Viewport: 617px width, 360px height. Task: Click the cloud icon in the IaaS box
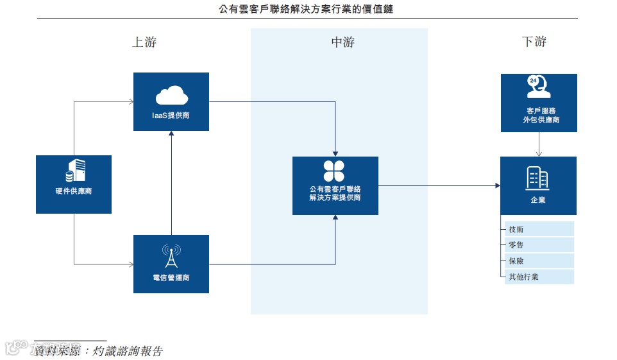pyautogui.click(x=171, y=96)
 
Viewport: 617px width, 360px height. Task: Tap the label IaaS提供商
pyautogui.click(x=171, y=116)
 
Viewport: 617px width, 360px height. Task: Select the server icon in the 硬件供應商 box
pyautogui.click(x=74, y=171)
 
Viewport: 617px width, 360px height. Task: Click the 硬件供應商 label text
pyautogui.click(x=74, y=191)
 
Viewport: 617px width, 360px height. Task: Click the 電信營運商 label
pyautogui.click(x=171, y=278)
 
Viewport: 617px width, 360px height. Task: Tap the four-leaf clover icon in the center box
pyautogui.click(x=334, y=171)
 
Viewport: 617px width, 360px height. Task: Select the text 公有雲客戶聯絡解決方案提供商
pyautogui.click(x=335, y=193)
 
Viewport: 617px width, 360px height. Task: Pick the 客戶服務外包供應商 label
pyautogui.click(x=538, y=115)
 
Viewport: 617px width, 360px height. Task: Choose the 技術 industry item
pyautogui.click(x=516, y=230)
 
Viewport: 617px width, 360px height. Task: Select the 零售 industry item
pyautogui.click(x=516, y=245)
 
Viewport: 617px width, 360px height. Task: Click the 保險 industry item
pyautogui.click(x=516, y=261)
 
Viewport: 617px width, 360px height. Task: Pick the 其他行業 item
pyautogui.click(x=523, y=277)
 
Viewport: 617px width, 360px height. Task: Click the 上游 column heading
pyautogui.click(x=144, y=42)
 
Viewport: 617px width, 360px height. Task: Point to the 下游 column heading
pyautogui.click(x=534, y=42)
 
